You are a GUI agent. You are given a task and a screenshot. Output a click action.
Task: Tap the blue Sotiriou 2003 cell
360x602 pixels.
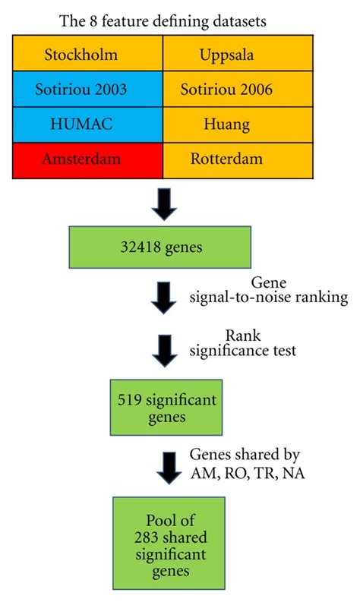tap(87, 88)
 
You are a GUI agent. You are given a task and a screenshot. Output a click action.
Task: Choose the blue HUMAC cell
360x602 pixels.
tap(87, 122)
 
